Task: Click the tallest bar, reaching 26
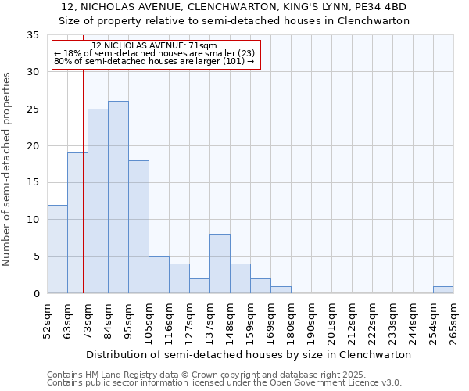pyautogui.click(x=118, y=197)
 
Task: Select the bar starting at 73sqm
pyautogui.click(x=98, y=201)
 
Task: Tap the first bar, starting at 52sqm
pyautogui.click(x=57, y=249)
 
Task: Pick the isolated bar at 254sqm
pyautogui.click(x=443, y=289)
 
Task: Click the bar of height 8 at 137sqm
pyautogui.click(x=220, y=264)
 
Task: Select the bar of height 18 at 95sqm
pyautogui.click(x=138, y=227)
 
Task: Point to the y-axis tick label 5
pyautogui.click(x=36, y=256)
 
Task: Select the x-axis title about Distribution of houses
pyautogui.click(x=249, y=354)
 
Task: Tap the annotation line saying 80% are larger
pyautogui.click(x=154, y=62)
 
